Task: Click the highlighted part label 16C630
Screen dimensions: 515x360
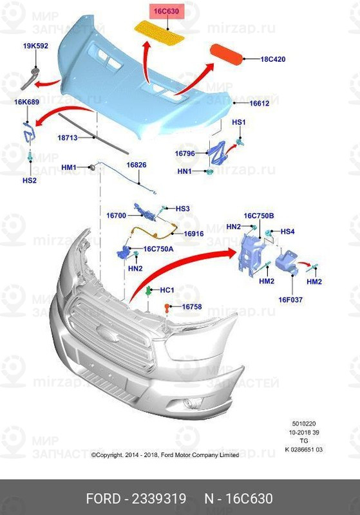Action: coord(166,11)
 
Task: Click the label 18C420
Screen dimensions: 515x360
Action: coord(272,59)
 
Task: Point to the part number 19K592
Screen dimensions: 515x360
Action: coord(35,46)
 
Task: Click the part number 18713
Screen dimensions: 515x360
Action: coord(67,138)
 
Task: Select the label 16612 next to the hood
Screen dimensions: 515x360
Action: coord(260,103)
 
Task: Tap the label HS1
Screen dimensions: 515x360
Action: coord(238,122)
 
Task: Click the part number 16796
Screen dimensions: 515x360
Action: coord(185,153)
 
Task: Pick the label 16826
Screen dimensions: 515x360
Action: coord(136,165)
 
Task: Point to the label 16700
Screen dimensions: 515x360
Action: coord(116,215)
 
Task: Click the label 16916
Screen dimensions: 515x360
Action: coord(194,234)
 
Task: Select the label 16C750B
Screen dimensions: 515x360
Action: coord(258,216)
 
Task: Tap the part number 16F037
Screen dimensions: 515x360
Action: coord(290,299)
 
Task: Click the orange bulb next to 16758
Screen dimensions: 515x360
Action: coord(167,307)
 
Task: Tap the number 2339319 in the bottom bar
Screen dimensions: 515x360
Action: coord(159,500)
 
